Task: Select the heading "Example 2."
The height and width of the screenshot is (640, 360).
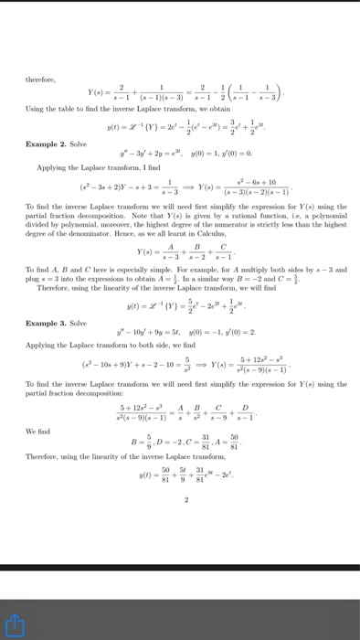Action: (48, 145)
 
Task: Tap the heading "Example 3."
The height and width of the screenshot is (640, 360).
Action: (48, 324)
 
